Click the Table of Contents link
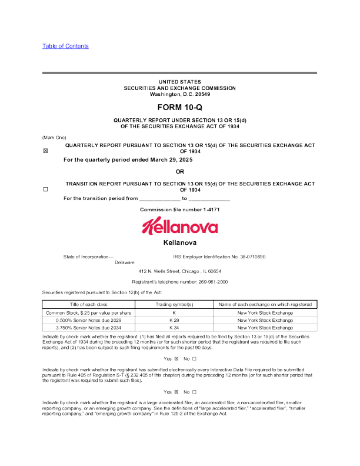click(x=65, y=46)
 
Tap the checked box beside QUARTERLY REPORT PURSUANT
click(x=45, y=151)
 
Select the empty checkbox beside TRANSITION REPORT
click(x=45, y=190)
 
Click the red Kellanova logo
click(x=179, y=226)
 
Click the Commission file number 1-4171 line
click(x=179, y=210)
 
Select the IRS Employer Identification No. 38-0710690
click(x=219, y=257)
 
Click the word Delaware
click(x=125, y=262)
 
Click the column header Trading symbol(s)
click(x=174, y=304)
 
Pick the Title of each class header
click(x=89, y=304)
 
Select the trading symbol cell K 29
click(x=174, y=320)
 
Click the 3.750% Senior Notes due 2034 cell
click(x=89, y=328)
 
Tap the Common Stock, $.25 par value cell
click(x=89, y=312)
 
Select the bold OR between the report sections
click(x=180, y=171)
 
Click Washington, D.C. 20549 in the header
click(x=179, y=94)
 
